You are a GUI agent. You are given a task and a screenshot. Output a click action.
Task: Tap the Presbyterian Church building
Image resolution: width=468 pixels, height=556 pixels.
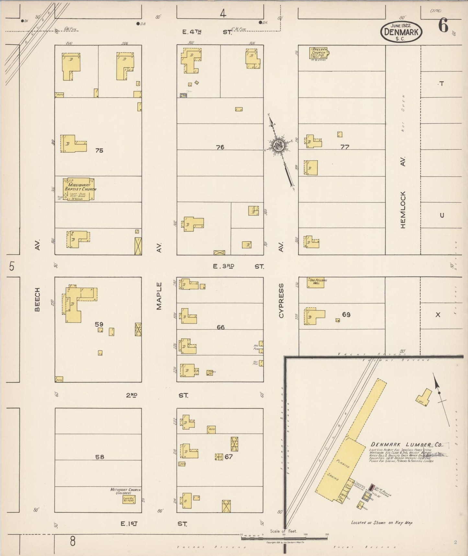(318, 53)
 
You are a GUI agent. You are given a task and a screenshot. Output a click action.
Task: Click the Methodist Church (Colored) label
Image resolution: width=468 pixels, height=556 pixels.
(125, 491)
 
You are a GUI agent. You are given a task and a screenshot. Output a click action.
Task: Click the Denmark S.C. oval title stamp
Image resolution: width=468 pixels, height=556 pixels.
(401, 32)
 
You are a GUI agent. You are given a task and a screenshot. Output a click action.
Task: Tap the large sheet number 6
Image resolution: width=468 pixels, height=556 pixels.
(443, 26)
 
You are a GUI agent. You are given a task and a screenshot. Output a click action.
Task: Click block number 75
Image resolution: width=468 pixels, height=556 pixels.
(99, 151)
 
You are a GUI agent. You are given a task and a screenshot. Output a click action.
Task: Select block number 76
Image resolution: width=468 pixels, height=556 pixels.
(220, 147)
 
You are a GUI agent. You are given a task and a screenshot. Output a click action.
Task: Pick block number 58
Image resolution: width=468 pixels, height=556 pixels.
(100, 457)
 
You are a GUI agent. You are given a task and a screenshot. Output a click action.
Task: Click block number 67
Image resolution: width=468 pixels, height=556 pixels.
(229, 457)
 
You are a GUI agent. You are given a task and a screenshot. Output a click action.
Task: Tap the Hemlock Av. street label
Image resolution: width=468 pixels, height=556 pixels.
(403, 195)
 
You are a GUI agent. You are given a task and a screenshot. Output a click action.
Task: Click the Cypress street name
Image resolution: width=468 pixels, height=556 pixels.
(281, 301)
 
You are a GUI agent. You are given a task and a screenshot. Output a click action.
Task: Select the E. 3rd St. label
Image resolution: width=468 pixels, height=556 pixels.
(238, 266)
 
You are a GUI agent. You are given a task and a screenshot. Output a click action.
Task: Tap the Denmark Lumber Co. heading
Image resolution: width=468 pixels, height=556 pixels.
(406, 445)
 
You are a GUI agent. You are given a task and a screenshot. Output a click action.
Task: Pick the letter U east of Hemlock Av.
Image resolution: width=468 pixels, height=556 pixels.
(442, 215)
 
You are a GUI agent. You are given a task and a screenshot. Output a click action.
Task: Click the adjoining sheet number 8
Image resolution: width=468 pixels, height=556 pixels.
(73, 541)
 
